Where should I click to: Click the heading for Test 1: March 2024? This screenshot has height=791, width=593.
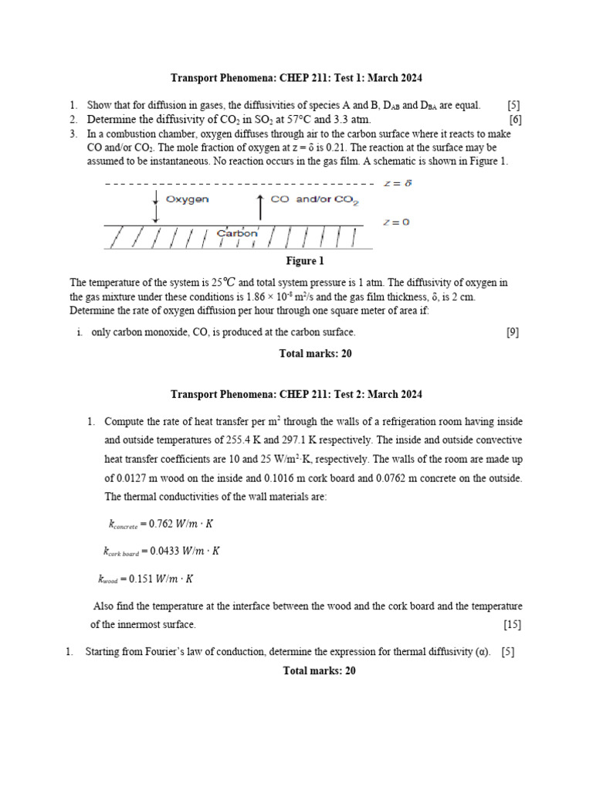(296, 79)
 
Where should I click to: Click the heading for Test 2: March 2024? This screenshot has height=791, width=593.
(296, 395)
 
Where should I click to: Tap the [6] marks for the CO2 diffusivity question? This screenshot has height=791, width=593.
(515, 120)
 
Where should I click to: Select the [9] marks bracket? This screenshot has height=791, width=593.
(513, 332)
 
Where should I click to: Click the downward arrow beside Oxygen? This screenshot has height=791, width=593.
(156, 208)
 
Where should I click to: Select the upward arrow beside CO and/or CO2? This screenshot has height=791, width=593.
(259, 207)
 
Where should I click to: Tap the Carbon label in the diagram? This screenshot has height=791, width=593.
(237, 233)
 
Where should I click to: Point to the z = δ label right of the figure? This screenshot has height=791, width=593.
(398, 184)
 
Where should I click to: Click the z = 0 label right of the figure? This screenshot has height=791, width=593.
(396, 222)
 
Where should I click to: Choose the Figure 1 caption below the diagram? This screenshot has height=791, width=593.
(305, 261)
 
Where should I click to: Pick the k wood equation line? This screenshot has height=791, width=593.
(146, 578)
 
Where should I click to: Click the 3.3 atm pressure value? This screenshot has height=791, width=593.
(351, 120)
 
